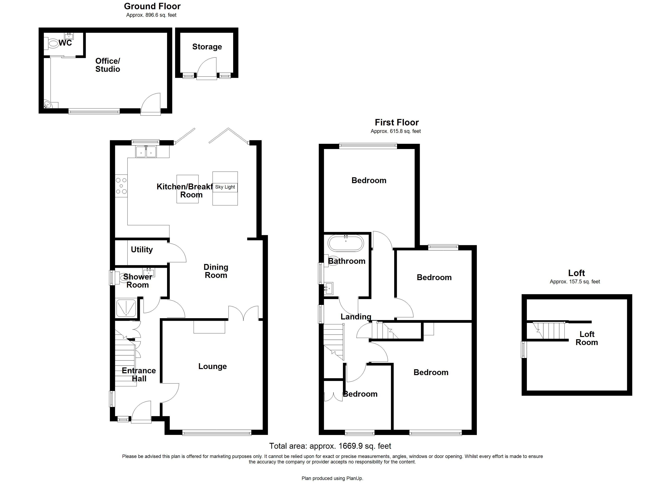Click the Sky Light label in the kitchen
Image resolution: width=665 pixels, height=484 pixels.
click(225, 187)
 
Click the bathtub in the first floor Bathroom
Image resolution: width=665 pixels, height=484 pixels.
click(346, 243)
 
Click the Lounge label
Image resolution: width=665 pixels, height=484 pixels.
click(212, 366)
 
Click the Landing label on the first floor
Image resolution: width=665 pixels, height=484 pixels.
click(356, 317)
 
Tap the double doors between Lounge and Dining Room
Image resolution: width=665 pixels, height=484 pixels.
click(243, 313)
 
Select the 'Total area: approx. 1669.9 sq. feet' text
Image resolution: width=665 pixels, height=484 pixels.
click(330, 446)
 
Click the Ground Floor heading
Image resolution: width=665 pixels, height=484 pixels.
click(152, 6)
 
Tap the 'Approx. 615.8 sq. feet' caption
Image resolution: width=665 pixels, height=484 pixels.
click(396, 131)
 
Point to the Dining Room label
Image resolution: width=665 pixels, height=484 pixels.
click(216, 271)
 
